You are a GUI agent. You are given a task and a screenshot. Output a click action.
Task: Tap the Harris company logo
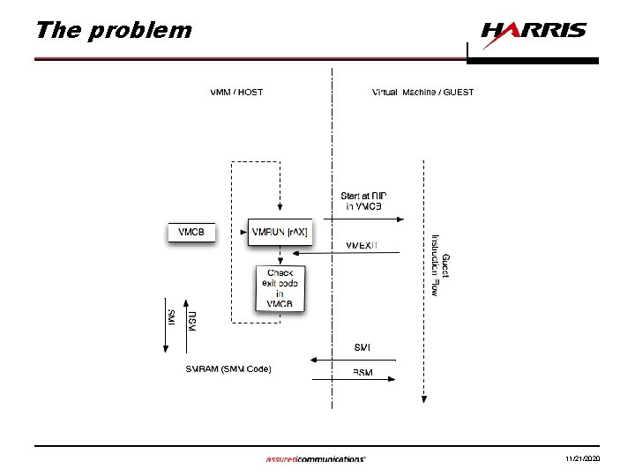point(533,31)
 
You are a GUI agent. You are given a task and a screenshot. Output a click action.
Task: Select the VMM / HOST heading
point(236,92)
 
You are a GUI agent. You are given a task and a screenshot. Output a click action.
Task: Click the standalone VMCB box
point(191,233)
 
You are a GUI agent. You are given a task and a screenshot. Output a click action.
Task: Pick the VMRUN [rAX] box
point(280,233)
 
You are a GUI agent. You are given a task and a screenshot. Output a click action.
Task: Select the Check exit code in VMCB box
point(280,287)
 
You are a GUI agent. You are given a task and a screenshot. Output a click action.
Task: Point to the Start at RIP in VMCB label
point(362,201)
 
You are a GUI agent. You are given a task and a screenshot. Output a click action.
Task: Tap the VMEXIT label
point(362,245)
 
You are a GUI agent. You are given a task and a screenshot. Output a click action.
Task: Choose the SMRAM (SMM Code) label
point(228,368)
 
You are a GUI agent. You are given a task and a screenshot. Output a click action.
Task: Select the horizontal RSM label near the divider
point(362,373)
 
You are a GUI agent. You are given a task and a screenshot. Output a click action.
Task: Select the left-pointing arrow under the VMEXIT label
point(348,254)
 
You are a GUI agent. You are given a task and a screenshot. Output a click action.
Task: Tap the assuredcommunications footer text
point(315,459)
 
